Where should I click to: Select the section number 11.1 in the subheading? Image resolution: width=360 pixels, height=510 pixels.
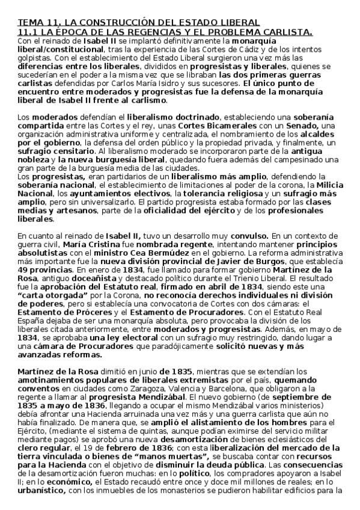(x=29, y=31)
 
